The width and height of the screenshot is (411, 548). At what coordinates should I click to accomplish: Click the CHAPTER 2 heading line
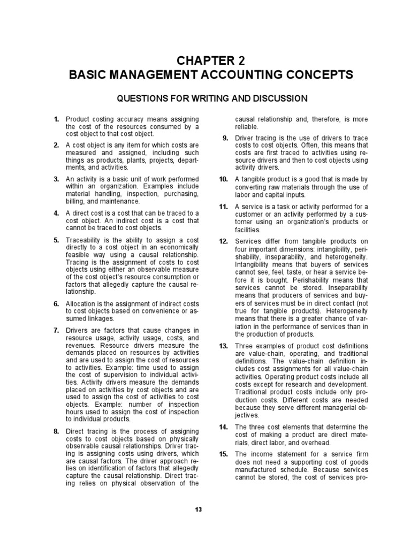(211, 59)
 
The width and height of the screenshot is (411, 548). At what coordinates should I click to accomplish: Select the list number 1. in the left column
(56, 119)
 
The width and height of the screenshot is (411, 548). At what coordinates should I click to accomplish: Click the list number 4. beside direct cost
(56, 213)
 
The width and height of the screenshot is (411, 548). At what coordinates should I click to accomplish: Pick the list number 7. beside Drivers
(56, 330)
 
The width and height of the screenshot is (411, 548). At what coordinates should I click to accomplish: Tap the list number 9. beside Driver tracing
(225, 138)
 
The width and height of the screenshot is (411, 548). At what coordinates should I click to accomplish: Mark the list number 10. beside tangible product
(224, 179)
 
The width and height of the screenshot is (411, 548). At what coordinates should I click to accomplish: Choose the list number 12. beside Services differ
(224, 242)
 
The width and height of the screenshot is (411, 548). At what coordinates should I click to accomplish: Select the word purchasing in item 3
(168, 194)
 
